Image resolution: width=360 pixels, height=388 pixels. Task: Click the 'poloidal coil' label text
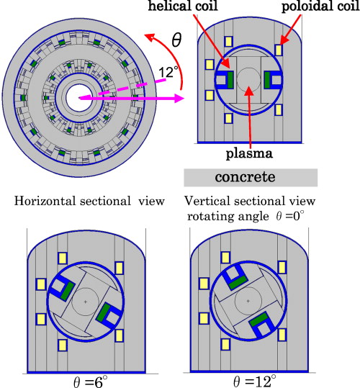(323, 7)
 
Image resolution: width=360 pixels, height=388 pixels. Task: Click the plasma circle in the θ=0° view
(248, 80)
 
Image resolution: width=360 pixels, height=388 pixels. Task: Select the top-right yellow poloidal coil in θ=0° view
(279, 50)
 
